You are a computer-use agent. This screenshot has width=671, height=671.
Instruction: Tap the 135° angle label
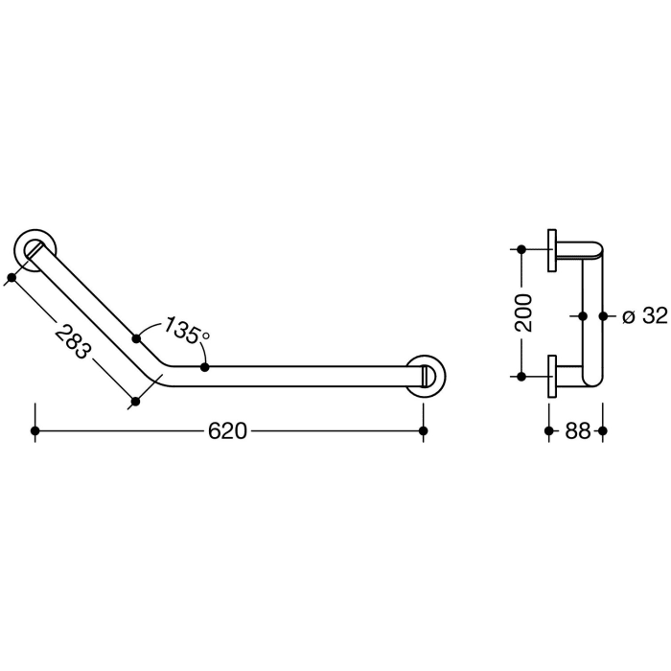186,331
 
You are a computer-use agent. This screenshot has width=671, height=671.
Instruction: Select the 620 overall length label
228,431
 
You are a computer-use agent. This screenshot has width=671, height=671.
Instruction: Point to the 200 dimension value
523,312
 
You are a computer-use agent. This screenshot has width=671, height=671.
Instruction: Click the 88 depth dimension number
576,431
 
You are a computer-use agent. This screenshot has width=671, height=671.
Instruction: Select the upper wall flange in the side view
552,252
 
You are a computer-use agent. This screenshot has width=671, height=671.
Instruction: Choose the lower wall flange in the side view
552,375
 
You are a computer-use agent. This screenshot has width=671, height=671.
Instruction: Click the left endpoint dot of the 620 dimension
35,431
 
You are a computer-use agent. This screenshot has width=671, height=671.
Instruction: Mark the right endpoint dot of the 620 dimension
425,431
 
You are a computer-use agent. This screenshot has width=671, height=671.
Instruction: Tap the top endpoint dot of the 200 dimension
521,250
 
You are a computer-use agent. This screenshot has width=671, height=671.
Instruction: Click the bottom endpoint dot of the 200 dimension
521,375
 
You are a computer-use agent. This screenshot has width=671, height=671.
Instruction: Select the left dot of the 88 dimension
548,431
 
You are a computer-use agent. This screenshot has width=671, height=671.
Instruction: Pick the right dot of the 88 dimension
603,431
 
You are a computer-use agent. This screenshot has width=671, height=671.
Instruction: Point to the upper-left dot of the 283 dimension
11,279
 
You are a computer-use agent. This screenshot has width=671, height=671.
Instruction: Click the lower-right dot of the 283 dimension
135,402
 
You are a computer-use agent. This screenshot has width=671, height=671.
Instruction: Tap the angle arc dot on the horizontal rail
205,366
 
